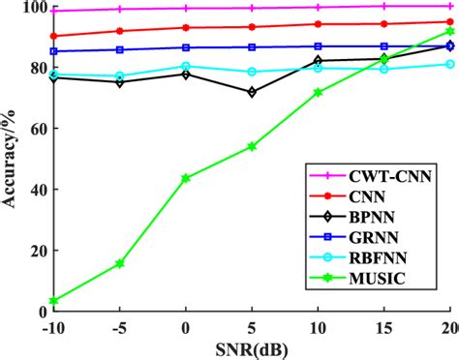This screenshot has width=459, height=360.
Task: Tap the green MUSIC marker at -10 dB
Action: click(53, 301)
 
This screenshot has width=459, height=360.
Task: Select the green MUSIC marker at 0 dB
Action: click(186, 178)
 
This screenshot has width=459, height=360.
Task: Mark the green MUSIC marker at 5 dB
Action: click(252, 146)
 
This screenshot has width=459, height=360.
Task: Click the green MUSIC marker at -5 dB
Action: click(120, 263)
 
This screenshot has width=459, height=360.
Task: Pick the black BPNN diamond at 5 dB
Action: click(252, 92)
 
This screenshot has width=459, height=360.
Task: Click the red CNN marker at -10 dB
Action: click(53, 36)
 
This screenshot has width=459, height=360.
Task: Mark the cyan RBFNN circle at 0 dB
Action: click(186, 67)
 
